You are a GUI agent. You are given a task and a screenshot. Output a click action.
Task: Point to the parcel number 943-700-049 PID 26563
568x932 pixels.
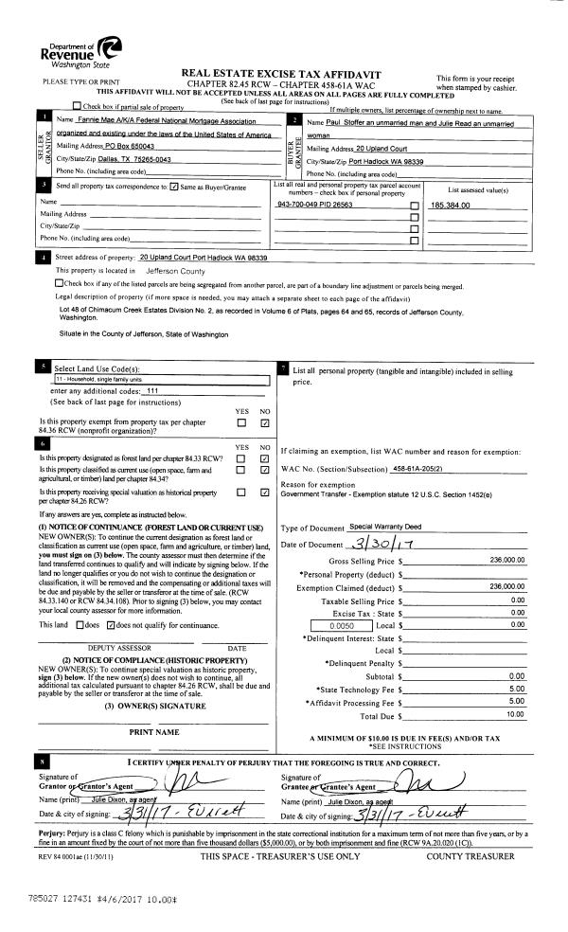(314, 204)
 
